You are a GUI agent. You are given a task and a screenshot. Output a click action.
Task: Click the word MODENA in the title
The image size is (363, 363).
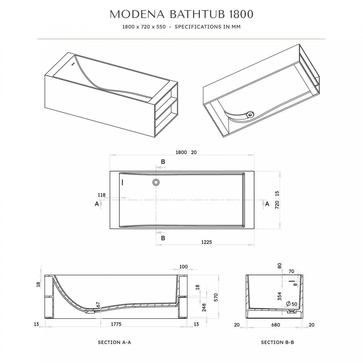click(x=137, y=14)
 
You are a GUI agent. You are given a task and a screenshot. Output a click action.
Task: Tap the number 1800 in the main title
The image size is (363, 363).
click(x=241, y=14)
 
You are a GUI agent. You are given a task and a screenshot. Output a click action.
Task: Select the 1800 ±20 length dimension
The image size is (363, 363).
click(x=186, y=152)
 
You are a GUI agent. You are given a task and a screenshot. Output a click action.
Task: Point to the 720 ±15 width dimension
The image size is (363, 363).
click(x=277, y=200)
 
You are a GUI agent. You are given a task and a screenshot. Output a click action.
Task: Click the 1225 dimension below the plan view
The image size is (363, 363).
click(x=207, y=242)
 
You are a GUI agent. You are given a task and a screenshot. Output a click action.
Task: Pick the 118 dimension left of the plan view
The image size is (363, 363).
click(x=101, y=195)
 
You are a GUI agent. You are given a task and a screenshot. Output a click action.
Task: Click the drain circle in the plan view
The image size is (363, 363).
click(x=156, y=182)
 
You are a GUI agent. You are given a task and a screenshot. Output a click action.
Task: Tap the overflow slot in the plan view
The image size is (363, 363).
click(x=123, y=182)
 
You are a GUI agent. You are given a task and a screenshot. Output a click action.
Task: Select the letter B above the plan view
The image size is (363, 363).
click(x=163, y=162)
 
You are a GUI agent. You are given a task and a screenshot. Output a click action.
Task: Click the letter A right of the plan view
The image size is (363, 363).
click(x=267, y=204)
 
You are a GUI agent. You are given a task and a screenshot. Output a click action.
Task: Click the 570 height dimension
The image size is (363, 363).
click(x=216, y=297)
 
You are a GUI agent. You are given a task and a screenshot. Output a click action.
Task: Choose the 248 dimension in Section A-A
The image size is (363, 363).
click(x=204, y=307)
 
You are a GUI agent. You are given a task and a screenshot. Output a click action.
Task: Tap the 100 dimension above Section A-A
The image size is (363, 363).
click(x=183, y=267)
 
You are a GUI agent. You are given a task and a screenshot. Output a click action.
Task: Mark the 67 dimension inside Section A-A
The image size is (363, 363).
click(x=98, y=305)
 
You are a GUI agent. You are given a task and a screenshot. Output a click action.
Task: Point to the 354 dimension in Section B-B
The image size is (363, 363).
click(x=280, y=296)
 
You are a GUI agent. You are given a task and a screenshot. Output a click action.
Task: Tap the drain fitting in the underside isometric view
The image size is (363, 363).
click(x=250, y=114)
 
